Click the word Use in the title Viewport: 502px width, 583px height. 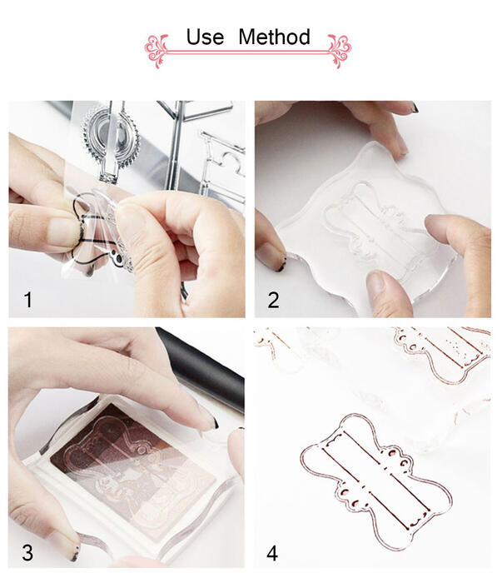pos(205,37)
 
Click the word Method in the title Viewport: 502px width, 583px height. pos(274,37)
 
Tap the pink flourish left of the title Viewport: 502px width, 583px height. pos(157,51)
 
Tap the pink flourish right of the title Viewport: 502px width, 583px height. pos(339,51)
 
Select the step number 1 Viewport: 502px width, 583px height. pos(27,300)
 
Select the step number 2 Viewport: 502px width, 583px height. pos(274,300)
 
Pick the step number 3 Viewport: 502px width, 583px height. pos(27,553)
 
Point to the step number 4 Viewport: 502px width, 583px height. pos(272,553)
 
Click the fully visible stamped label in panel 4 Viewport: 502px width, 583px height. pos(376,481)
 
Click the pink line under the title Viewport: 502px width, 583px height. pos(248,52)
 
